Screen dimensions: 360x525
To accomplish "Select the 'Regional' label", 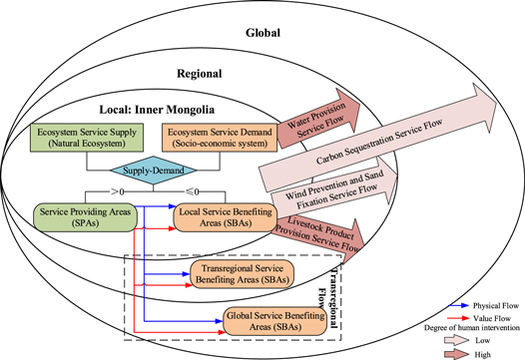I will click(199, 73).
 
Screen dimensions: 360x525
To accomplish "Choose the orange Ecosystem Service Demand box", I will click(219, 138).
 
